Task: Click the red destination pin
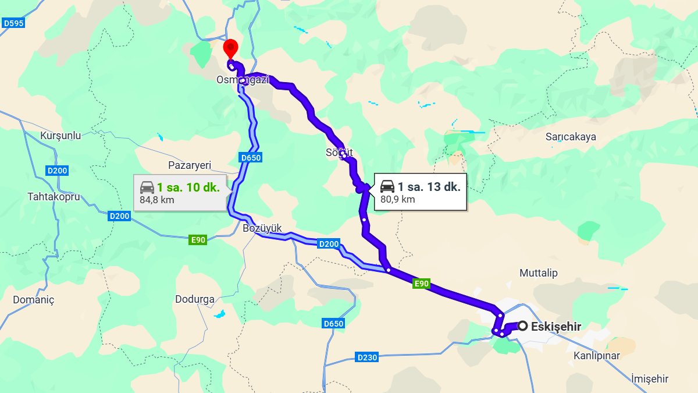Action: pyautogui.click(x=231, y=48)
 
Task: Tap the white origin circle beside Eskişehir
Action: pyautogui.click(x=523, y=326)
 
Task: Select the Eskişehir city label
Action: pyautogui.click(x=556, y=327)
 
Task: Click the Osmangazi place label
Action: pyautogui.click(x=243, y=80)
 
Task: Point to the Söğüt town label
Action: pyautogui.click(x=339, y=153)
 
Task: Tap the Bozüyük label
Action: pyautogui.click(x=262, y=228)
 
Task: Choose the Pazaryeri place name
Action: pyautogui.click(x=189, y=165)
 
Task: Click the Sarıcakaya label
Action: pyautogui.click(x=571, y=137)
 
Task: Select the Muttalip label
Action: pyautogui.click(x=538, y=273)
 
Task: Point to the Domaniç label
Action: pyautogui.click(x=33, y=300)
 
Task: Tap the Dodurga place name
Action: pyautogui.click(x=195, y=299)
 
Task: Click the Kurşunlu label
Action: pyautogui.click(x=60, y=136)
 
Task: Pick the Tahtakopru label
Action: pyautogui.click(x=54, y=196)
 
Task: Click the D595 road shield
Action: pyautogui.click(x=13, y=23)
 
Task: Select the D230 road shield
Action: pyautogui.click(x=366, y=357)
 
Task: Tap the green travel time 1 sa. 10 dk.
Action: pyautogui.click(x=188, y=187)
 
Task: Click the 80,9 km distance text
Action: pyautogui.click(x=397, y=199)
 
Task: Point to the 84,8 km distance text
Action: pyautogui.click(x=156, y=200)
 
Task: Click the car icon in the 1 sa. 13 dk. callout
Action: pyautogui.click(x=387, y=186)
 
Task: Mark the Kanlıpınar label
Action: pyautogui.click(x=597, y=356)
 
